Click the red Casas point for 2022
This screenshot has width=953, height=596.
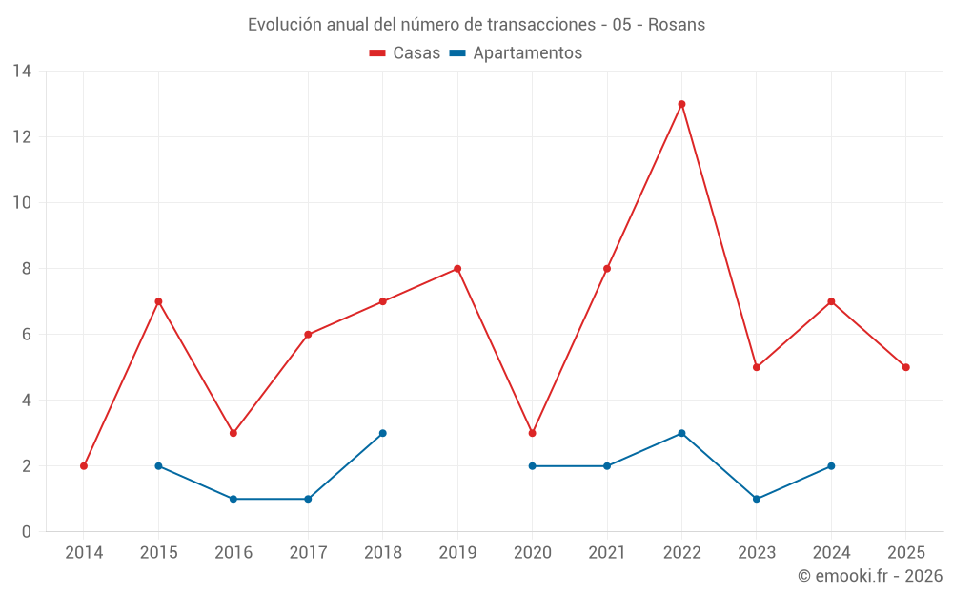click(681, 104)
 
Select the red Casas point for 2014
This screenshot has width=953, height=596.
click(84, 466)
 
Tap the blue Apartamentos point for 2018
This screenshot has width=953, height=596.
click(382, 433)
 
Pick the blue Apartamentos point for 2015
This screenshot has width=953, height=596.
click(158, 466)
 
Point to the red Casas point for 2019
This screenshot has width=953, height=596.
click(457, 269)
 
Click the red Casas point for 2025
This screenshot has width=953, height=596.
click(905, 367)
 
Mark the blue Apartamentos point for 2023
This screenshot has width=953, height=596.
click(757, 499)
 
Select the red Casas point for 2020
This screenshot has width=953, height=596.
click(532, 433)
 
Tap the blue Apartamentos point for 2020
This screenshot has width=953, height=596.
click(532, 466)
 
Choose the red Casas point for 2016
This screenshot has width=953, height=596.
click(233, 433)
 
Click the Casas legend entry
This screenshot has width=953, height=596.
click(405, 53)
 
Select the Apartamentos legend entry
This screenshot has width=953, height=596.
click(516, 53)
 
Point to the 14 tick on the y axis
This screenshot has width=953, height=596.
click(22, 72)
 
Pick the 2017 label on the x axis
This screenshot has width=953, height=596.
click(308, 553)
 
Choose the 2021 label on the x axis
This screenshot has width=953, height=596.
click(607, 553)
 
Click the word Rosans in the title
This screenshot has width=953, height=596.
click(677, 25)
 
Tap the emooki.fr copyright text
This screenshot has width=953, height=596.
click(870, 576)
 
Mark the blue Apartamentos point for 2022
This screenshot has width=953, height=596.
click(681, 433)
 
